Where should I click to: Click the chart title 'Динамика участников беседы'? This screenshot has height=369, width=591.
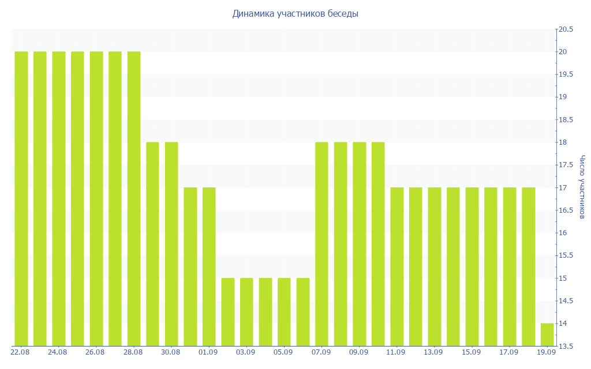click(x=295, y=14)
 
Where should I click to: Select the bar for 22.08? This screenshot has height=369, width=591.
click(x=21, y=199)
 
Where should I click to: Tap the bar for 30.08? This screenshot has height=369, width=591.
click(x=171, y=244)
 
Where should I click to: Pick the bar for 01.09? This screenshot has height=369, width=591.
click(x=209, y=266)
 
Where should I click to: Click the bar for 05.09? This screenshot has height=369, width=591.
click(x=284, y=312)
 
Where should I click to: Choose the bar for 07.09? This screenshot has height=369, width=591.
click(x=322, y=244)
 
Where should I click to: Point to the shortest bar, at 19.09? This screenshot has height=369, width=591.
click(x=547, y=335)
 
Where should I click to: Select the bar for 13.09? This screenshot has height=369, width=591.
click(x=435, y=266)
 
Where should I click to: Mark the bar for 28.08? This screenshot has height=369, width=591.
click(x=134, y=199)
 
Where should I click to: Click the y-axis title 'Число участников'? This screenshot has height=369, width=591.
click(x=582, y=187)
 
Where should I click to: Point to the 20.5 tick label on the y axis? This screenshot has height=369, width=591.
click(x=566, y=29)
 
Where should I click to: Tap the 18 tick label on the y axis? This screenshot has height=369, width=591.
click(x=563, y=142)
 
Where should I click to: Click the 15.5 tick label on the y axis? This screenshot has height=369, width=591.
click(x=566, y=255)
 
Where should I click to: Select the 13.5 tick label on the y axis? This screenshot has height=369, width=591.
click(x=566, y=347)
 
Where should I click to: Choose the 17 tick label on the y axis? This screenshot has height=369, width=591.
click(x=563, y=188)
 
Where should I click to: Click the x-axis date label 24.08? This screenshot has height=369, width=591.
click(x=58, y=352)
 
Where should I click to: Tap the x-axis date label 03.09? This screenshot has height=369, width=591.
click(x=246, y=352)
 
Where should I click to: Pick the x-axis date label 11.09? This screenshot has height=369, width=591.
click(x=396, y=352)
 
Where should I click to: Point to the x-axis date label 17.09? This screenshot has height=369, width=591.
click(x=509, y=352)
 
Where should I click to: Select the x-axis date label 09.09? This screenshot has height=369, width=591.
click(x=359, y=352)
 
